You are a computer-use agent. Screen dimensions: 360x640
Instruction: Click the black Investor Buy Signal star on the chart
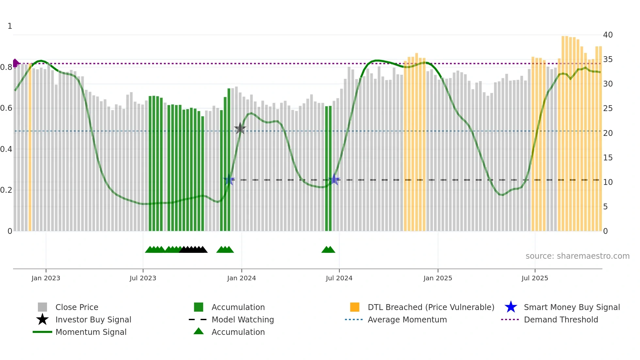(x=240, y=128)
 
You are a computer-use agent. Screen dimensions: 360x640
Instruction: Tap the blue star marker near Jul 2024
(x=334, y=179)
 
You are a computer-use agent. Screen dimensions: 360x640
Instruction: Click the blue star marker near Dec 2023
(x=229, y=180)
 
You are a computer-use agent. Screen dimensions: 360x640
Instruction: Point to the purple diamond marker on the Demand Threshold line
(x=15, y=63)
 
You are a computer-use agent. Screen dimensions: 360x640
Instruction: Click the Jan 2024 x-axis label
(x=241, y=278)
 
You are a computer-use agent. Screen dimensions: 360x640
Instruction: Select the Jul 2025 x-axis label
(x=535, y=278)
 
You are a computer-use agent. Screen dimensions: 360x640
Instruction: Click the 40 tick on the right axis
(x=608, y=35)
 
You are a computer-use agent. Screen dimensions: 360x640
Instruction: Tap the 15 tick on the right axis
(x=608, y=157)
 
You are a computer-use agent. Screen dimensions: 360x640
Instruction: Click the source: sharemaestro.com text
(x=577, y=256)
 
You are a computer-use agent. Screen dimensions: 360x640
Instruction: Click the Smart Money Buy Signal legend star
(x=511, y=307)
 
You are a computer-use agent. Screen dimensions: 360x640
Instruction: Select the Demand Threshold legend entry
(x=561, y=319)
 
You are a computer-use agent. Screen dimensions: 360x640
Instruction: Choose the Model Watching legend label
(x=243, y=319)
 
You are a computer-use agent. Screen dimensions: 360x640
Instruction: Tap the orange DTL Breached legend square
(x=355, y=307)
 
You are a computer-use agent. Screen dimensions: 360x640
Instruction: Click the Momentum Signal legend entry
(x=91, y=332)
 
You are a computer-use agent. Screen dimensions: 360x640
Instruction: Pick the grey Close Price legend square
(x=42, y=307)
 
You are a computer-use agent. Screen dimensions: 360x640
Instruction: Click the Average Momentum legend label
(x=407, y=319)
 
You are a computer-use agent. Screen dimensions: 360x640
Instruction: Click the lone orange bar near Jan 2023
(x=30, y=147)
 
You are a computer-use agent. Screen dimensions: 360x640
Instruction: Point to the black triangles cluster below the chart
(x=193, y=250)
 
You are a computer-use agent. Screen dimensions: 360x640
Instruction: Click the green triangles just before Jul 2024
(x=328, y=250)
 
